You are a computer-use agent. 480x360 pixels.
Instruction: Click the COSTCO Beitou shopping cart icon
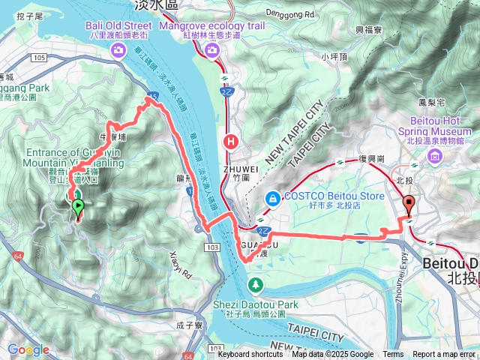(271, 197)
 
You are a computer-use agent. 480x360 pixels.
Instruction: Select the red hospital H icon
(232, 139)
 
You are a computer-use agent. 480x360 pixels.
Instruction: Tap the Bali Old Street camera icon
(118, 50)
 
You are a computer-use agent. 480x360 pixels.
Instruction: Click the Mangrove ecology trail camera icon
(212, 50)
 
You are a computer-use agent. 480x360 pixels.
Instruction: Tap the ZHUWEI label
(240, 169)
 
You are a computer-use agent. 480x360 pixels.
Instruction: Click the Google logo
(28, 349)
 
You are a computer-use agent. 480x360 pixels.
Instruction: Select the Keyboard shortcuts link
(250, 355)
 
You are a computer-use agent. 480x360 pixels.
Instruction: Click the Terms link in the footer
(393, 355)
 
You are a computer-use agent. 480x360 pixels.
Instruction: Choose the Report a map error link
(444, 355)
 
